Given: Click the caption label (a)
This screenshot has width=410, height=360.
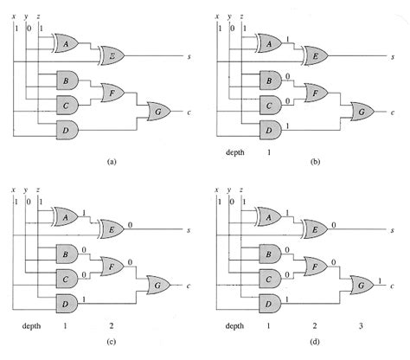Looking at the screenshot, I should click(110, 162).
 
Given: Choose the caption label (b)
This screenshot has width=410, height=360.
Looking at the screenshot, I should click(316, 162).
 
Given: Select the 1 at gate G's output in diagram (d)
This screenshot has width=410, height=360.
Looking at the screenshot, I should click(381, 280).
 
